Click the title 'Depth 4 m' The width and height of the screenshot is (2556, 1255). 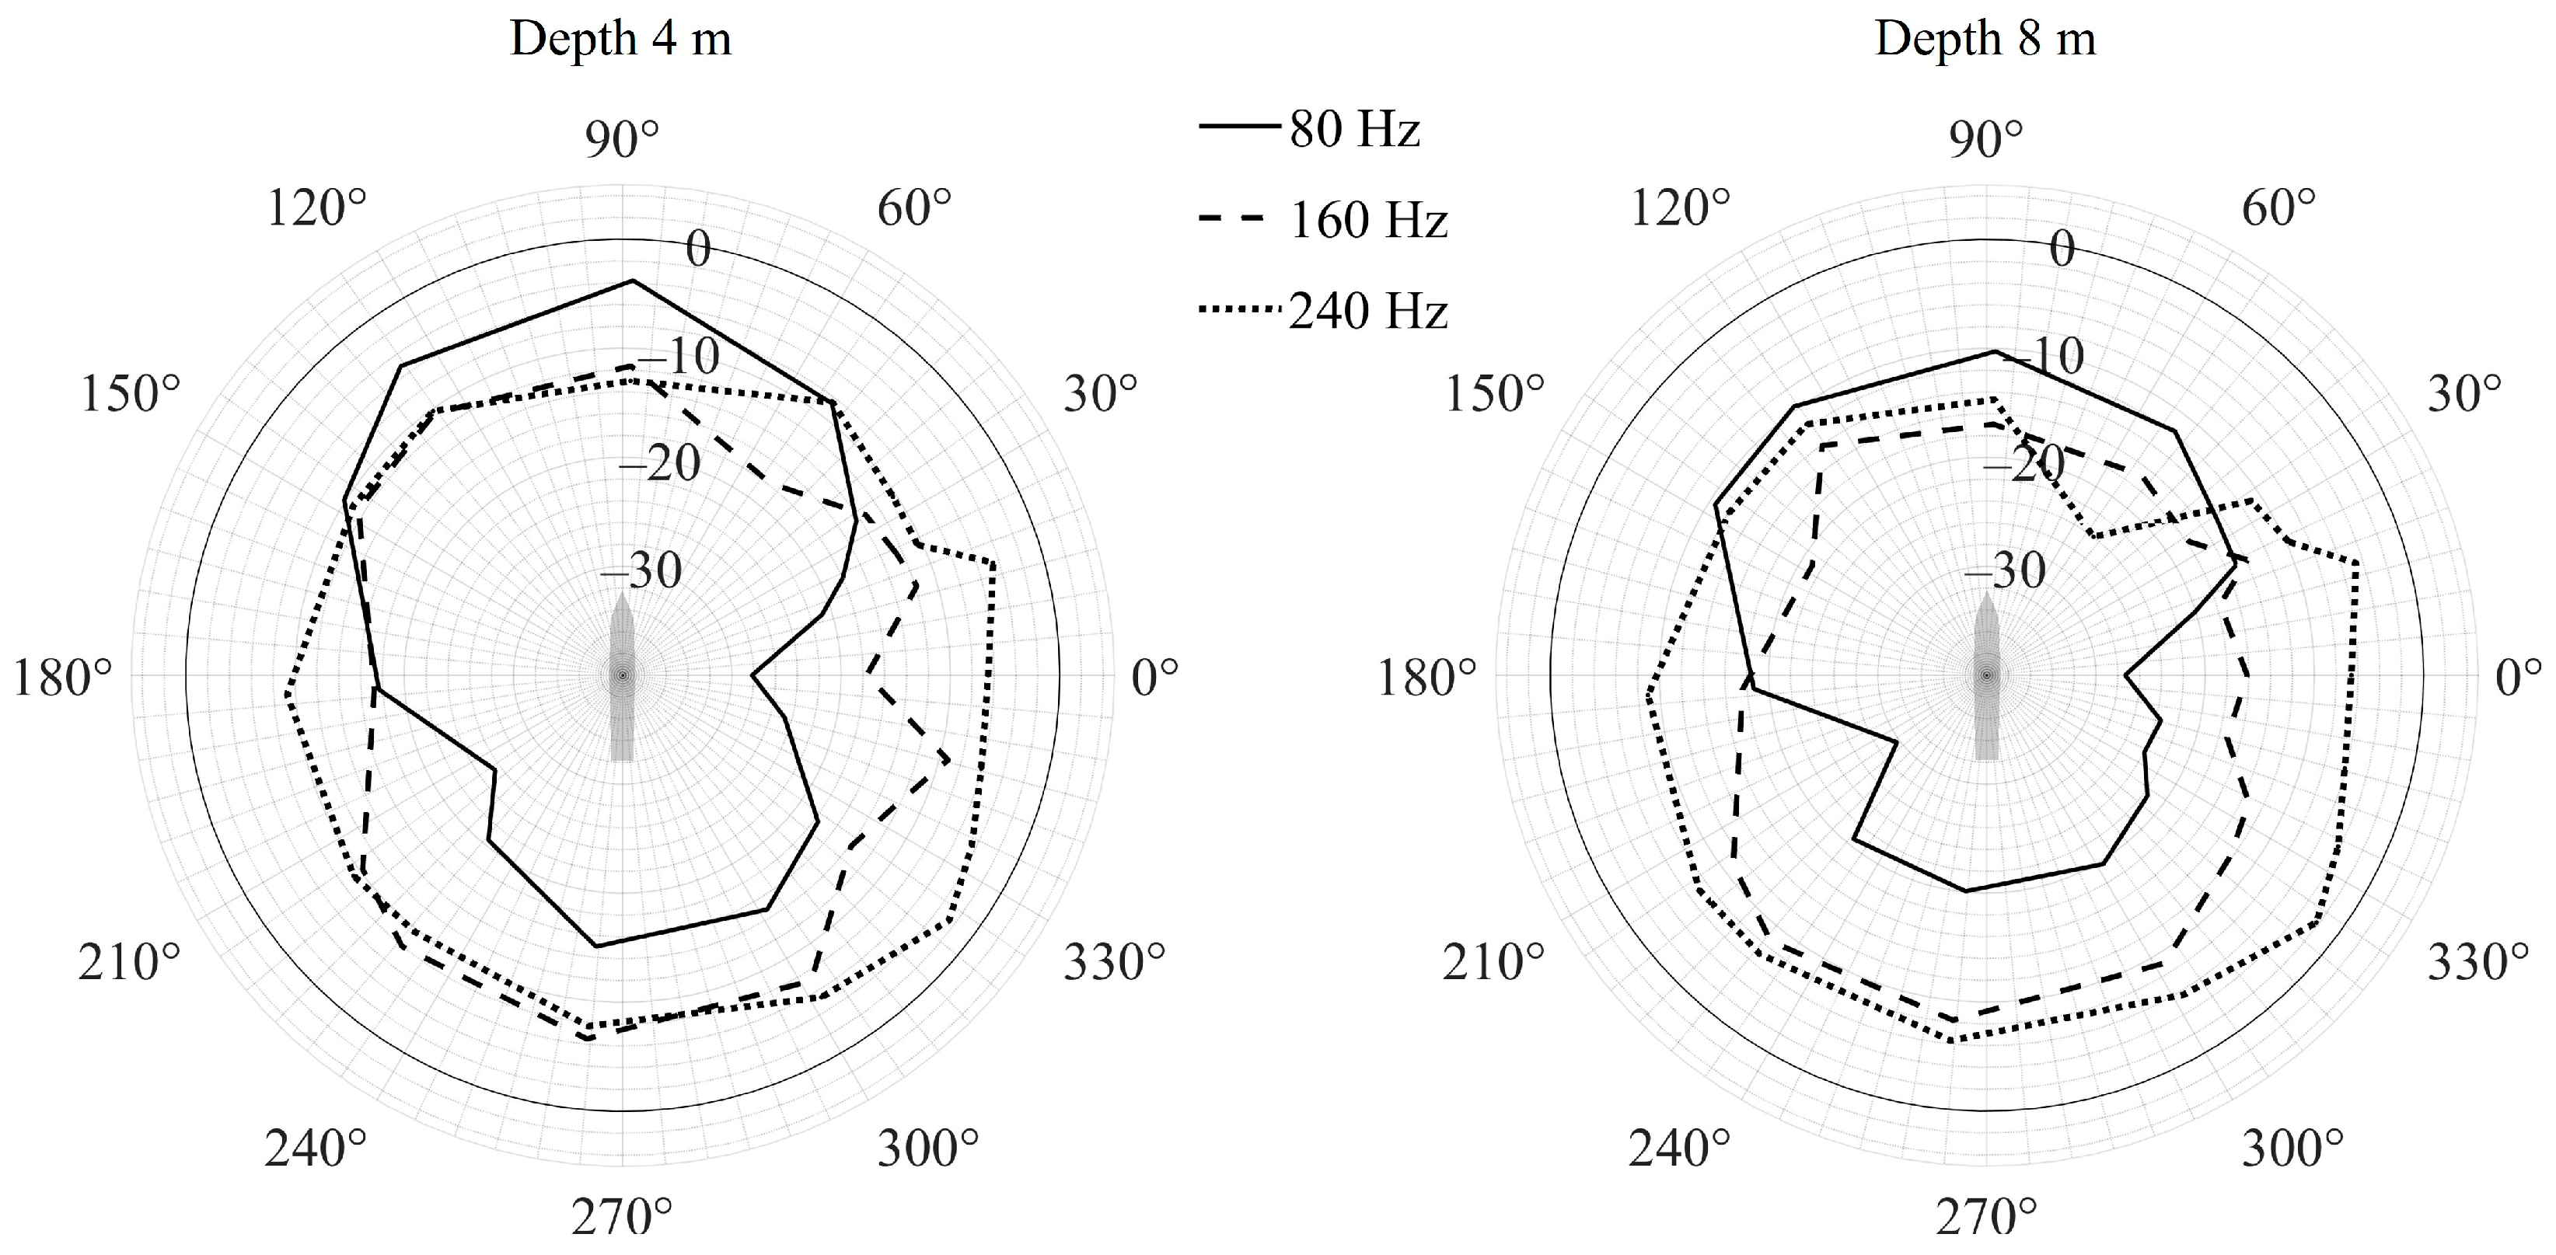click(620, 40)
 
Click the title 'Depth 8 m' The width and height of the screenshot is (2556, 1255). click(1985, 40)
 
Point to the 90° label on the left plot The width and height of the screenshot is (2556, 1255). click(622, 141)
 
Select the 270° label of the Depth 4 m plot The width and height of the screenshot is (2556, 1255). click(622, 1217)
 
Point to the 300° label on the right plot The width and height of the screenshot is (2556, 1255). click(2292, 1149)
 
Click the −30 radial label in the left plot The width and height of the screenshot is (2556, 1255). click(641, 571)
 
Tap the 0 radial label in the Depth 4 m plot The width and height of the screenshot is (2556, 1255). click(699, 249)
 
